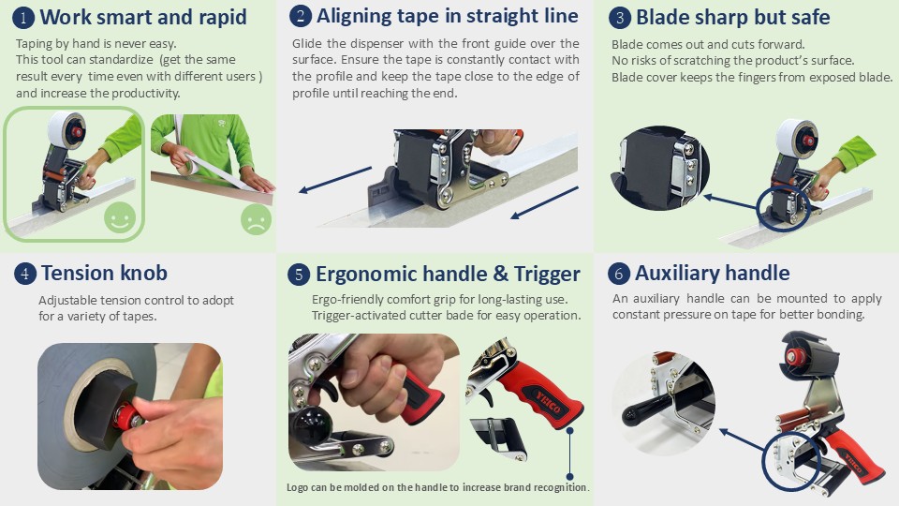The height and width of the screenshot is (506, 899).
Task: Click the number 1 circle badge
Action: pyautogui.click(x=22, y=17)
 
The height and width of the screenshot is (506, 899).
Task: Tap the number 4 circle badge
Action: pyautogui.click(x=24, y=274)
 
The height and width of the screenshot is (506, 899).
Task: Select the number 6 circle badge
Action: pyautogui.click(x=619, y=274)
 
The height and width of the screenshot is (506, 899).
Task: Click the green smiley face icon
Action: pyautogui.click(x=120, y=218)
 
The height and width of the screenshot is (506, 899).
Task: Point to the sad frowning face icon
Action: pyautogui.click(x=257, y=219)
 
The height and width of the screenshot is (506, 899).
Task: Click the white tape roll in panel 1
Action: pyautogui.click(x=66, y=130)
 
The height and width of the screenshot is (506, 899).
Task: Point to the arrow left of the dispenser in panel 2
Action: pyautogui.click(x=335, y=180)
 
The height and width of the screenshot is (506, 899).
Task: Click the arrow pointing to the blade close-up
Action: pyautogui.click(x=731, y=201)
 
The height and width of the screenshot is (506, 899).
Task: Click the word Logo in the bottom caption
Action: pyautogui.click(x=297, y=487)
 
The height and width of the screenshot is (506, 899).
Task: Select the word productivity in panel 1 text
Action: pyautogui.click(x=146, y=93)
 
